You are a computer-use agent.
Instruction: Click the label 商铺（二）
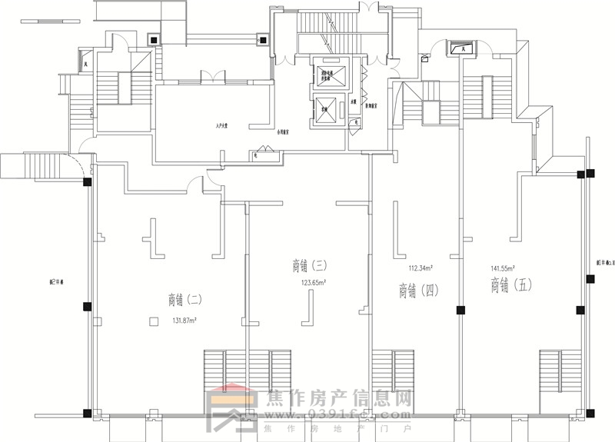tap(185, 299)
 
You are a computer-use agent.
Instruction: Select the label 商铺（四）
tap(418, 290)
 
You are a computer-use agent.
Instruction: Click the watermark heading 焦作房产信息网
tap(338, 400)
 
